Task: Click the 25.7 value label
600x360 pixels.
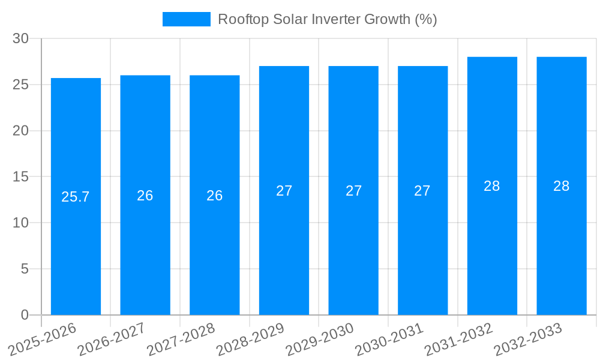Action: [x=76, y=196]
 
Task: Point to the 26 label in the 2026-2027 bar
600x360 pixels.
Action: [x=145, y=196]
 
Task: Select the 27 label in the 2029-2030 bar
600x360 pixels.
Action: [x=353, y=191]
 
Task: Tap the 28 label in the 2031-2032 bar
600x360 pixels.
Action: [x=492, y=186]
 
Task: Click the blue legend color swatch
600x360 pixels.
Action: [x=186, y=19]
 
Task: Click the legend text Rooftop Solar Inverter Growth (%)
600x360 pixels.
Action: [x=327, y=19]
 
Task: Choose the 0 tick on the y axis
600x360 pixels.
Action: [x=25, y=315]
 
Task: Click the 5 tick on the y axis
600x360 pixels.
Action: [x=25, y=269]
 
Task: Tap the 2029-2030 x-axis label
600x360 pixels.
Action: [x=320, y=339]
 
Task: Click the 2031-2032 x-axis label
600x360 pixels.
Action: [x=459, y=339]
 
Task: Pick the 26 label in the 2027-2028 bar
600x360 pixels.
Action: [x=215, y=196]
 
